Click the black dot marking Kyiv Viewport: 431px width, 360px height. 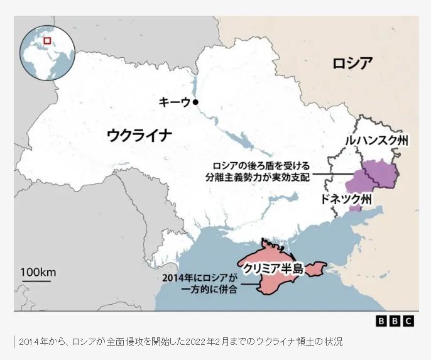196,102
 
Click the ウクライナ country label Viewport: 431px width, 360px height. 139,134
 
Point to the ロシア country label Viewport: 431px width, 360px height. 352,63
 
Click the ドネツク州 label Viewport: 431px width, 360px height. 347,199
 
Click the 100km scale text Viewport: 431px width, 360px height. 38,272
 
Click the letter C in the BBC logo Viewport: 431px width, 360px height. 408,321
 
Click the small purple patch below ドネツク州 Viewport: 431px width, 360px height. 355,208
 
